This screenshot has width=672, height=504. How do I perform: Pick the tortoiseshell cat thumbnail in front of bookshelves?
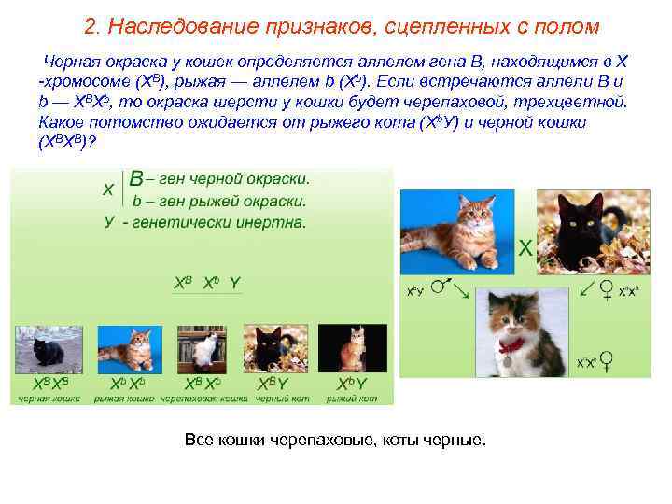204,348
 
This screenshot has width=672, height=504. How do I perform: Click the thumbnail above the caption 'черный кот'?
273,348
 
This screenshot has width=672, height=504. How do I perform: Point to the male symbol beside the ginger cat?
445,282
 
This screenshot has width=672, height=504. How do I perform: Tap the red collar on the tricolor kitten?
511,346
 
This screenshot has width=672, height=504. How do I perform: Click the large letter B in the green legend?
136,178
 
